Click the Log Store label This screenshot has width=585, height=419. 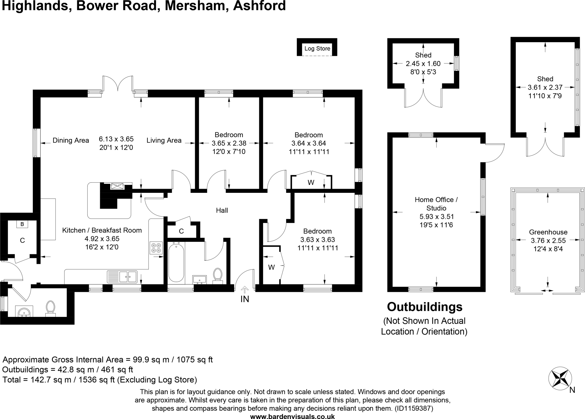pyautogui.click(x=317, y=48)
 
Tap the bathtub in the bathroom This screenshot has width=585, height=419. pyautogui.click(x=176, y=263)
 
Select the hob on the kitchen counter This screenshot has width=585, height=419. pyautogui.click(x=156, y=248)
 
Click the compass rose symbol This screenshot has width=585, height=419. pyautogui.click(x=560, y=378)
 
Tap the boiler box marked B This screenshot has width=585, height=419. pyautogui.click(x=22, y=224)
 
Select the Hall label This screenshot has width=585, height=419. pyautogui.click(x=222, y=210)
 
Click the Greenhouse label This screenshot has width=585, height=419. pyautogui.click(x=548, y=232)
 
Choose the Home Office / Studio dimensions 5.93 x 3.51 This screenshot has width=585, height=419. pyautogui.click(x=436, y=216)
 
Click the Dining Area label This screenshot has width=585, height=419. pyautogui.click(x=71, y=140)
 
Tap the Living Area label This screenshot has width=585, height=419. pyautogui.click(x=164, y=140)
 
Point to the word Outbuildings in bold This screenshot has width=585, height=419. pyautogui.click(x=424, y=307)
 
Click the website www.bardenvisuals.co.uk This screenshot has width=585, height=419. pyautogui.click(x=292, y=416)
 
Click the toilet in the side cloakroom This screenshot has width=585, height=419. pyautogui.click(x=50, y=308)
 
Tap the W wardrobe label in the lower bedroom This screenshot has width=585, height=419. pyautogui.click(x=271, y=267)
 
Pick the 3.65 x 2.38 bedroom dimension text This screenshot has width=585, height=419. pyautogui.click(x=229, y=143)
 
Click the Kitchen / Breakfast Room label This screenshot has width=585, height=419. pyautogui.click(x=102, y=230)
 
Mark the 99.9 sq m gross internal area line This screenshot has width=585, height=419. pyautogui.click(x=107, y=359)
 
